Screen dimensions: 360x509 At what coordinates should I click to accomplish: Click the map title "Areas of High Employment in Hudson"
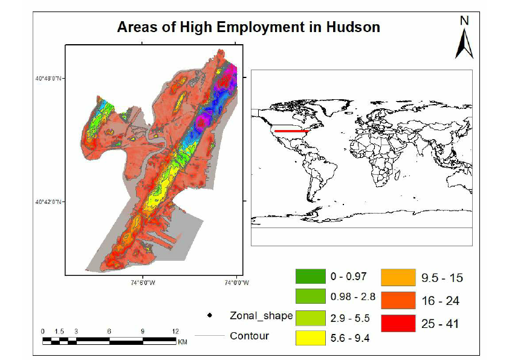coord(248,27)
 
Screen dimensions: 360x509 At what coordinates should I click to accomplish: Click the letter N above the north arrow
coord(464,21)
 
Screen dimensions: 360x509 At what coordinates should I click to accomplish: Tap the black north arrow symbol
coord(464,44)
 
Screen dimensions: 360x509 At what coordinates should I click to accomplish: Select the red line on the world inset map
coord(291,130)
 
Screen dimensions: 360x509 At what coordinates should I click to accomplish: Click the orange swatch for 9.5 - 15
coord(397,278)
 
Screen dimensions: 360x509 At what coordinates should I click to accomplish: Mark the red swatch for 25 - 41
coord(397,323)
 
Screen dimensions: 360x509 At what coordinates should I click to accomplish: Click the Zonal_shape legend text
coord(261,316)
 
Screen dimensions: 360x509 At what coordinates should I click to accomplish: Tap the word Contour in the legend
coord(249,336)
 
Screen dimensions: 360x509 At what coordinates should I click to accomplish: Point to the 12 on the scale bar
coord(175,332)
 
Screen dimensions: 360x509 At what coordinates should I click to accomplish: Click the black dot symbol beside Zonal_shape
coord(210,316)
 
